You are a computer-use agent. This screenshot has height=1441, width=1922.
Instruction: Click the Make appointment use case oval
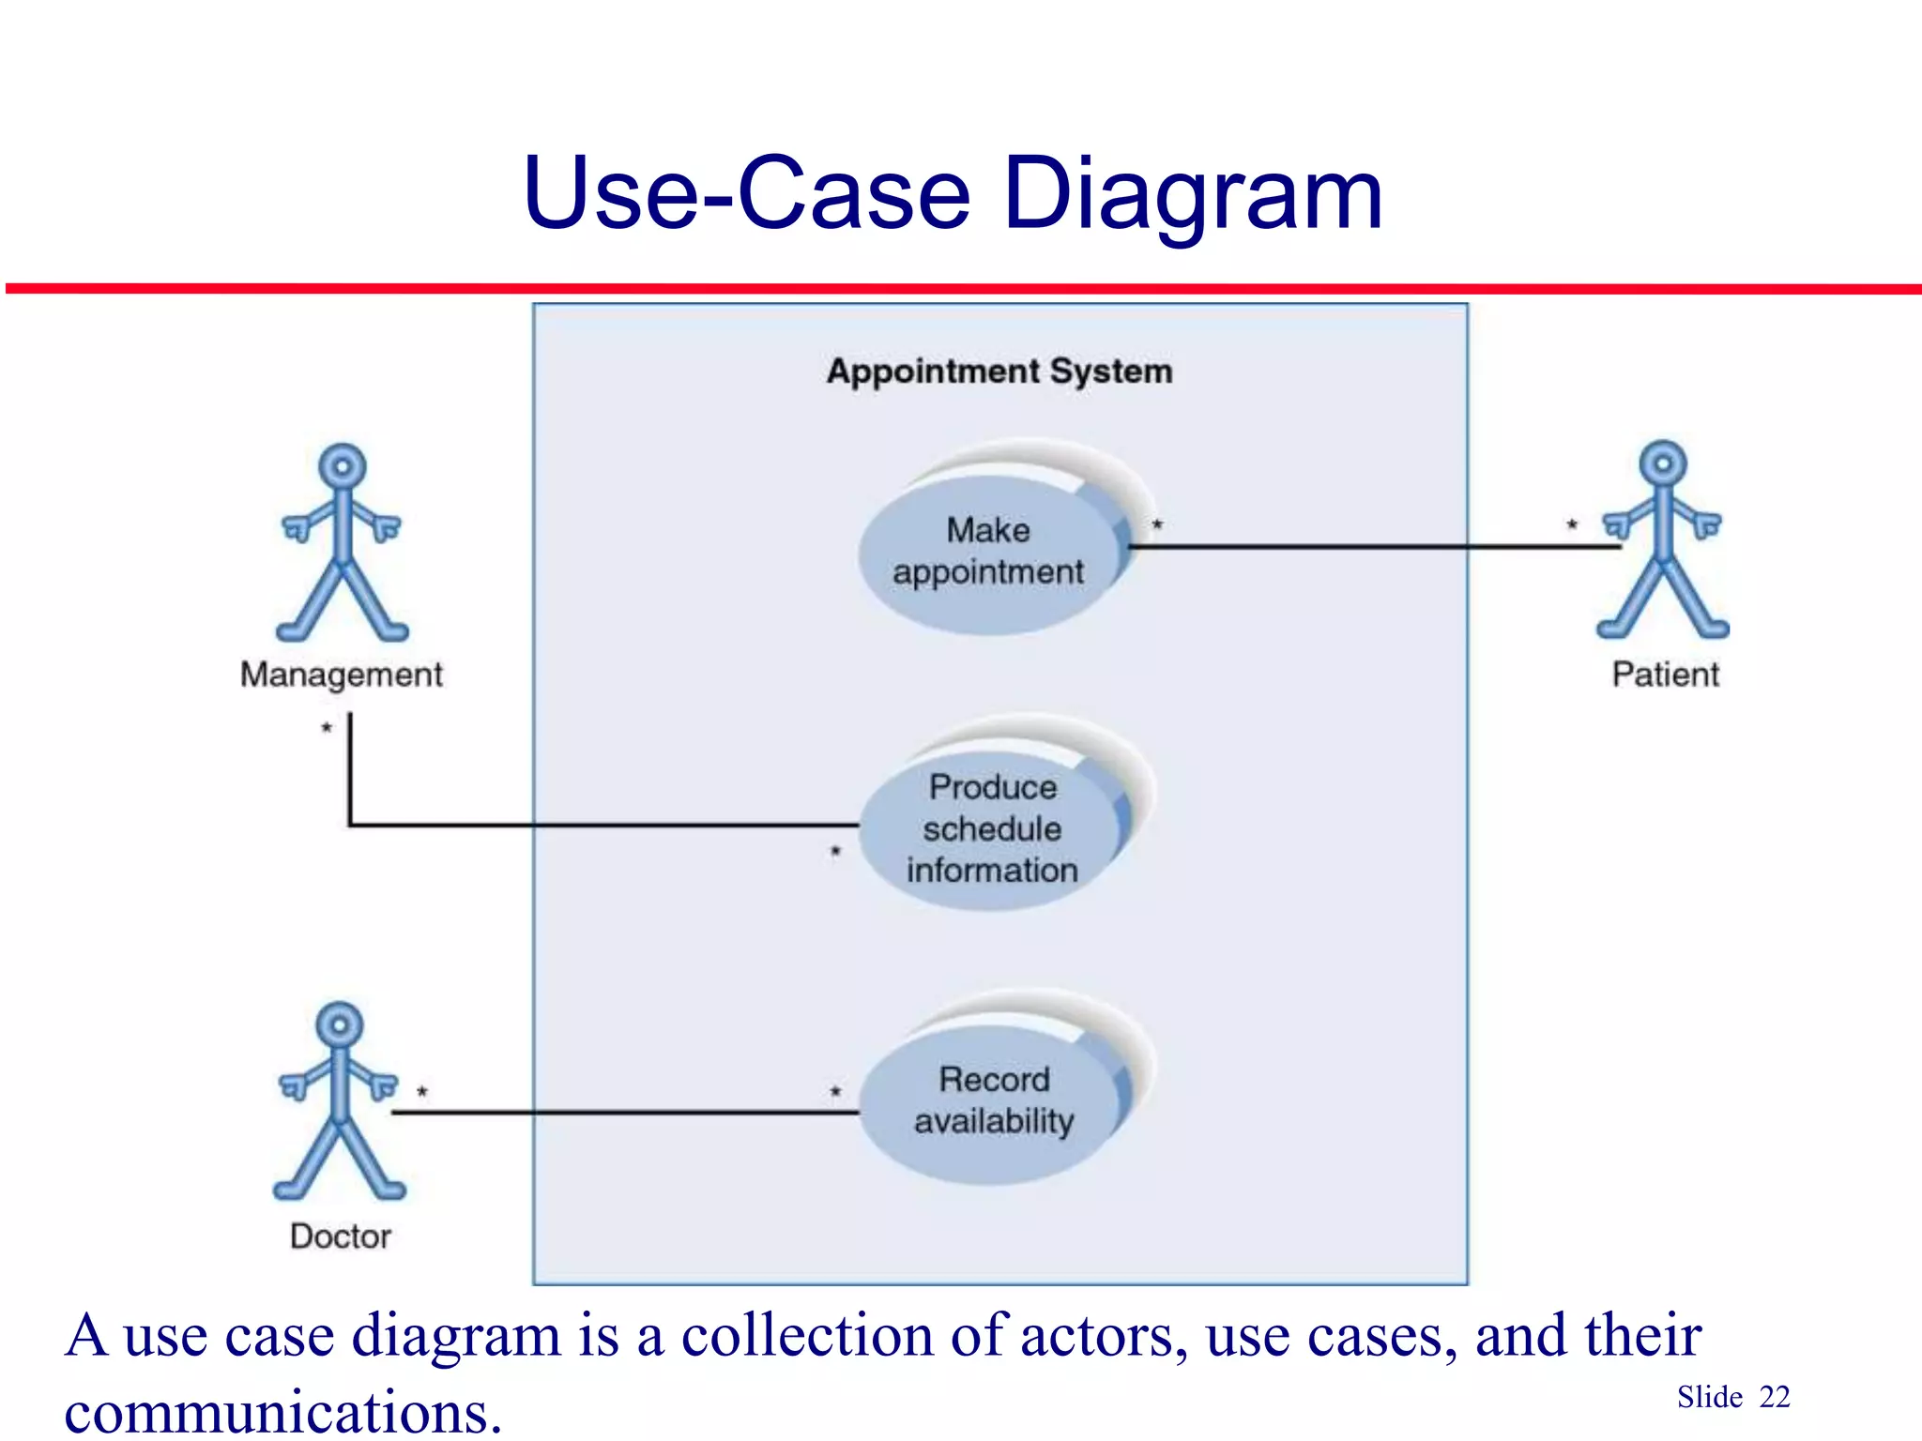click(x=989, y=553)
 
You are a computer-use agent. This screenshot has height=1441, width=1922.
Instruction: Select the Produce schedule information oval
click(x=991, y=829)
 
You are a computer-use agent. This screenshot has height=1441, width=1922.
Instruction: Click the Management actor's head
click(x=343, y=466)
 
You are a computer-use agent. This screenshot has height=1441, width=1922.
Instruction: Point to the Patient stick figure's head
click(x=1663, y=463)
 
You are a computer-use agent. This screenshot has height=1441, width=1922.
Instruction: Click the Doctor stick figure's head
click(x=340, y=1024)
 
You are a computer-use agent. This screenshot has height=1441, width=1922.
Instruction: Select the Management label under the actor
click(x=342, y=675)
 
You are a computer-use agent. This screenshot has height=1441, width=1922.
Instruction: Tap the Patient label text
click(x=1666, y=675)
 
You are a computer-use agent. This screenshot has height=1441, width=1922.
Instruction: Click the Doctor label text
click(x=341, y=1236)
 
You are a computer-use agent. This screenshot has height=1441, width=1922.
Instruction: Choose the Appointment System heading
click(x=999, y=372)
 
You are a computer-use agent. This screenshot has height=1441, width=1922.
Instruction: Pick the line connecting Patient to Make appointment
click(x=1370, y=546)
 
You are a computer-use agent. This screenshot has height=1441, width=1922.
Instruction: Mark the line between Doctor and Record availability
click(x=624, y=1113)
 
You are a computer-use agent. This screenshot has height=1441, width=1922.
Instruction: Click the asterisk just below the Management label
click(x=327, y=728)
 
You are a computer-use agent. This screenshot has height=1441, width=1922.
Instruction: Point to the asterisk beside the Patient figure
click(x=1572, y=525)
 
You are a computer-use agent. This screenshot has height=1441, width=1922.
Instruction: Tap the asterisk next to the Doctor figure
click(x=422, y=1092)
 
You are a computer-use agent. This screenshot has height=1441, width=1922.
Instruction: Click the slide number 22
click(x=1775, y=1397)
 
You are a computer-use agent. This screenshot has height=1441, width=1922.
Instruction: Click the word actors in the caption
click(x=1097, y=1335)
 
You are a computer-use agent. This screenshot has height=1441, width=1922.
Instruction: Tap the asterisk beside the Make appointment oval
click(x=1157, y=525)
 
